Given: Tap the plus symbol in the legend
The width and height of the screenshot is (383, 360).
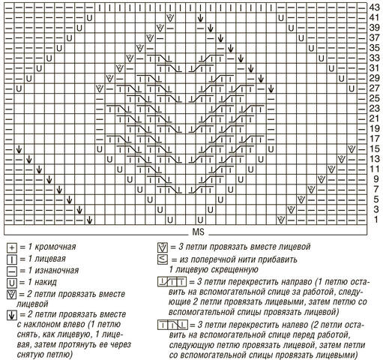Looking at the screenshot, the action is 10,247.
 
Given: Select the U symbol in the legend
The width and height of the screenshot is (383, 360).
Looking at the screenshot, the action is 10,283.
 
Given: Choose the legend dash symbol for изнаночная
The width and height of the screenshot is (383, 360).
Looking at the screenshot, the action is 10,271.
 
